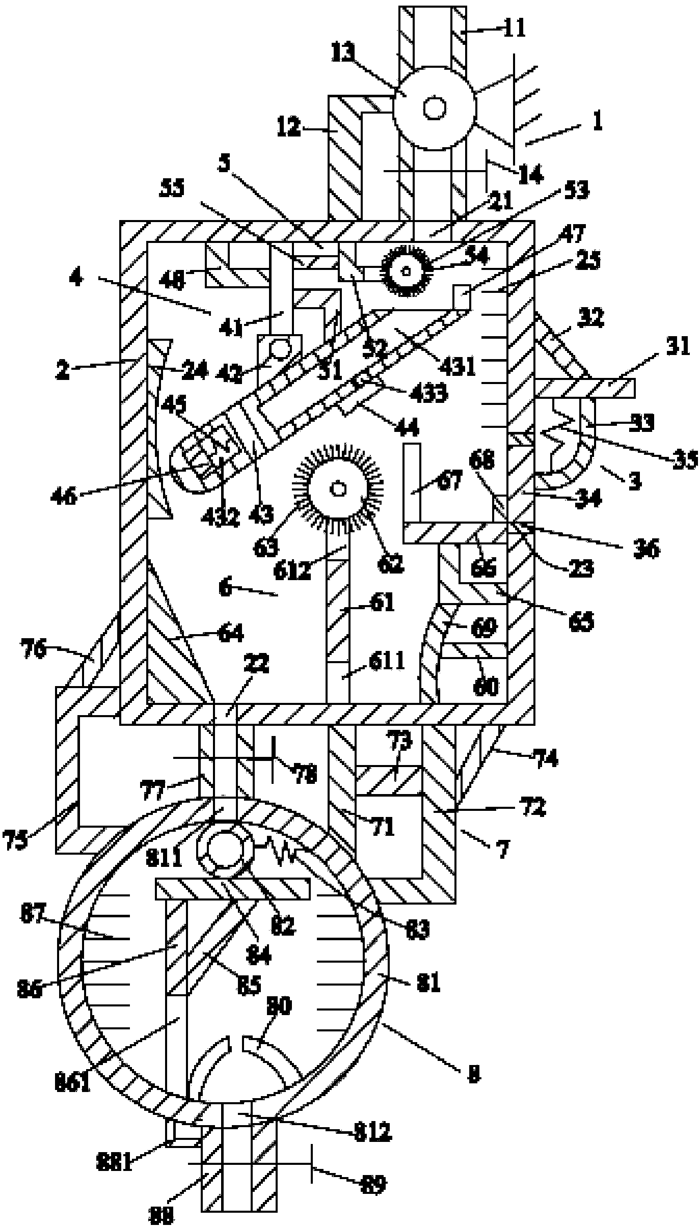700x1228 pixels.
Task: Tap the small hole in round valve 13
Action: tap(435, 108)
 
